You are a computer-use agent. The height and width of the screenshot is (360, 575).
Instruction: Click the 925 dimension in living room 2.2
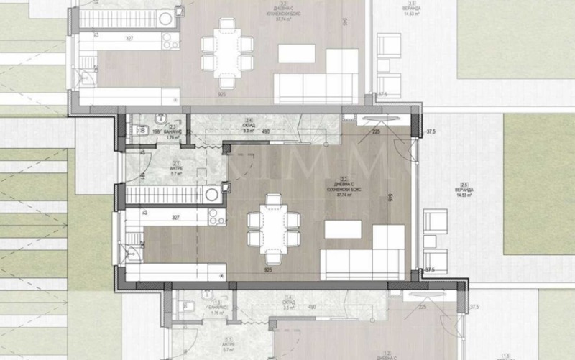tap(268, 271)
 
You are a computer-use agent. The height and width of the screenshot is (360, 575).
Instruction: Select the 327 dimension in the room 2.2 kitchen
tap(175, 213)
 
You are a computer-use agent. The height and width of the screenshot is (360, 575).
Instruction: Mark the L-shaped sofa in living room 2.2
tap(367, 251)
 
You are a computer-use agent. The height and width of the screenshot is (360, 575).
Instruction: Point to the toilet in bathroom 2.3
tap(134, 131)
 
